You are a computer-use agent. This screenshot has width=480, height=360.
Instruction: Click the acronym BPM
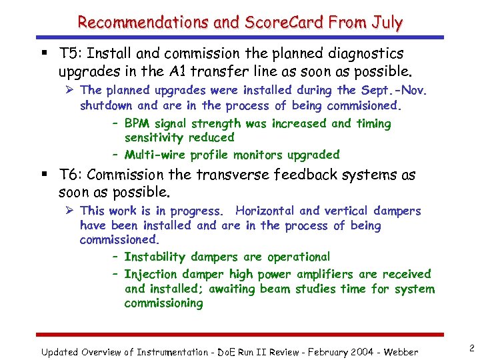pyautogui.click(x=137, y=123)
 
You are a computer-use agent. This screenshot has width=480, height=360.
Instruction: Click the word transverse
pyautogui.click(x=233, y=175)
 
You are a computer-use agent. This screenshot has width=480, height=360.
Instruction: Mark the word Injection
pyautogui.click(x=150, y=274)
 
